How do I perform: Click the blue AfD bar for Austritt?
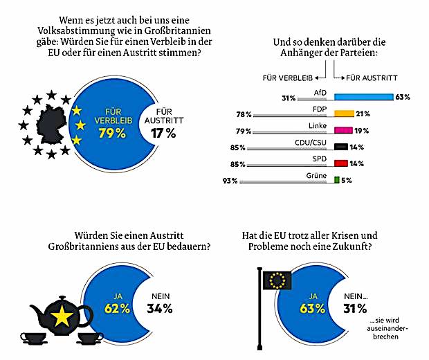pyautogui.click(x=364, y=97)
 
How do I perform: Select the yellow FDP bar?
pyautogui.click(x=344, y=114)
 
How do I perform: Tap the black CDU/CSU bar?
pyautogui.click(x=340, y=147)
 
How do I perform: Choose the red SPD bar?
pyautogui.click(x=340, y=163)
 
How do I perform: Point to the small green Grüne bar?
pyautogui.click(x=336, y=180)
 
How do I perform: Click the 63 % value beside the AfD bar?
pyautogui.click(x=403, y=98)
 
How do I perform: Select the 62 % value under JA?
pyautogui.click(x=113, y=307)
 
